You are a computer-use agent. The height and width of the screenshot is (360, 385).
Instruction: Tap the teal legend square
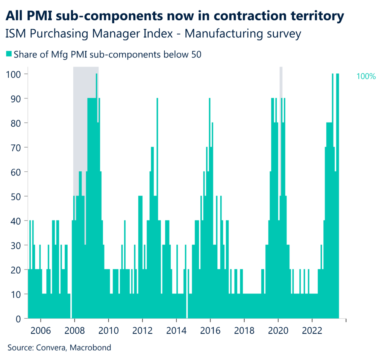click(9, 54)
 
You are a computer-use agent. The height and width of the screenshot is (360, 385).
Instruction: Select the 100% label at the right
click(365, 77)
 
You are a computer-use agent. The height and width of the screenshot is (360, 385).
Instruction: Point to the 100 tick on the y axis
click(14, 74)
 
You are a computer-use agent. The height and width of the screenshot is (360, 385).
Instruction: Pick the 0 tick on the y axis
click(18, 319)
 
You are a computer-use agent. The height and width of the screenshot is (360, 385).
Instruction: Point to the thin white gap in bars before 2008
click(71, 306)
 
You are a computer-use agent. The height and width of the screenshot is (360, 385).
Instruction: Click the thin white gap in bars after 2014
click(187, 306)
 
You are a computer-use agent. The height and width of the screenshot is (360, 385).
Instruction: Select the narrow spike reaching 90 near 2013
click(157, 113)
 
